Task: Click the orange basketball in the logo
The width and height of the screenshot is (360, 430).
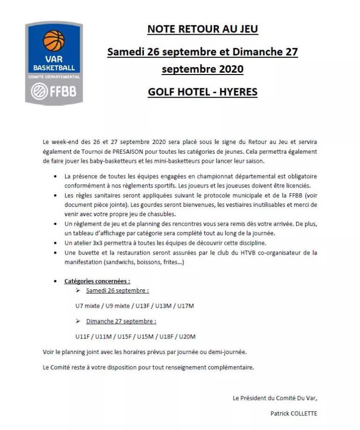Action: (x=53, y=41)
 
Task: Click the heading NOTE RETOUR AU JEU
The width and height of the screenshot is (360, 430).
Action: (x=202, y=29)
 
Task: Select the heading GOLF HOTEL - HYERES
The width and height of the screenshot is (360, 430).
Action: (x=202, y=91)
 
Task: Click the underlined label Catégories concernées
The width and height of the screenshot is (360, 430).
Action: (x=97, y=281)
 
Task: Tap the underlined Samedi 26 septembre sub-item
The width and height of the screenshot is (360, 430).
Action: (x=117, y=290)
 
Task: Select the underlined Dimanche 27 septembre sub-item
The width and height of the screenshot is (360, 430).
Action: (x=121, y=321)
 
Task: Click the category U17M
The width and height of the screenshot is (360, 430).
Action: (x=185, y=306)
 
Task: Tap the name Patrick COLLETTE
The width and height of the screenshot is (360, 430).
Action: (x=294, y=414)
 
